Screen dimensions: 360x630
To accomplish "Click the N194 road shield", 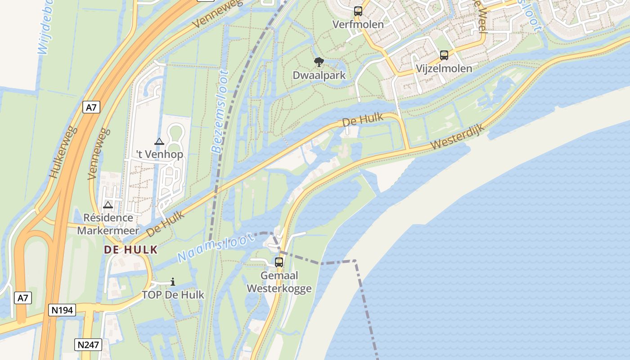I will pos(62,310).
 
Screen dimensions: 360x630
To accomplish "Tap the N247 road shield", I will pos(88,345).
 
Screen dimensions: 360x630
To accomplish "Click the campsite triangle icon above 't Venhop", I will pos(159,142).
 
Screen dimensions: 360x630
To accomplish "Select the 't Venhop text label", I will pos(160,155).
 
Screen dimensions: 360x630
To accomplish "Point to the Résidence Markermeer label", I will pos(108,224).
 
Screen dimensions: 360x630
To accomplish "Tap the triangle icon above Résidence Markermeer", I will pos(108,205).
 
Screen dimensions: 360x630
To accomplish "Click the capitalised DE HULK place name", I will pos(131,250).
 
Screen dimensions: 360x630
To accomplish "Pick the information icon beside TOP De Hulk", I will pos(173,282).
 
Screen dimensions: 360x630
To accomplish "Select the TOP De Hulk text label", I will pos(173,295).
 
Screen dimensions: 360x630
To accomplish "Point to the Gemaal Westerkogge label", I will pos(279,282).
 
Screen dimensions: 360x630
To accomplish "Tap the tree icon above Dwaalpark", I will pos(319,62).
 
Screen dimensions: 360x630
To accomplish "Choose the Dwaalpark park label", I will pos(319,75).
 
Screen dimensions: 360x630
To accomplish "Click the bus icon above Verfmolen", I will pos(358,11).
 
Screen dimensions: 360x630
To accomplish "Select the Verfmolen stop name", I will pos(358,24).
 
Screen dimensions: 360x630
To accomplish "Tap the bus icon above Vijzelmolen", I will pos(444,55).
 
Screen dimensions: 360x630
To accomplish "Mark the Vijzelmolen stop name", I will pos(444,68).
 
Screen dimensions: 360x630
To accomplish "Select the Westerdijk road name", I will pos(457,138).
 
